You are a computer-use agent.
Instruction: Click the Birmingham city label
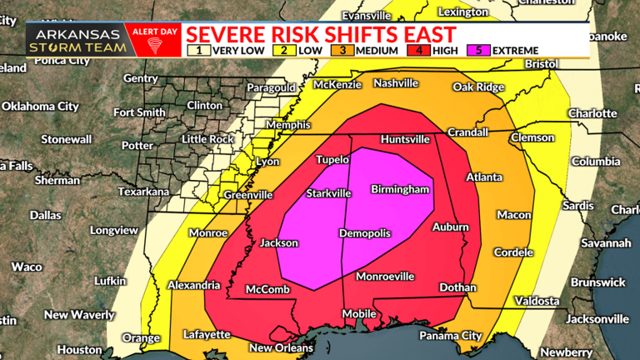400,190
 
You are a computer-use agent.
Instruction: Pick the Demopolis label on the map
364,233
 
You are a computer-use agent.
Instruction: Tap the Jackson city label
278,243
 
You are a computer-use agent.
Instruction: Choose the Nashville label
396,83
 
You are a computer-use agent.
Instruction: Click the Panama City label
451,336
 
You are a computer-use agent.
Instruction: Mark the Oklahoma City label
40,107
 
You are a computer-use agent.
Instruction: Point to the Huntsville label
405,139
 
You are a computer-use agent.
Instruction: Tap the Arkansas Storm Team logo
77,40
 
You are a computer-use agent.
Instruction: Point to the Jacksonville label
597,319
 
